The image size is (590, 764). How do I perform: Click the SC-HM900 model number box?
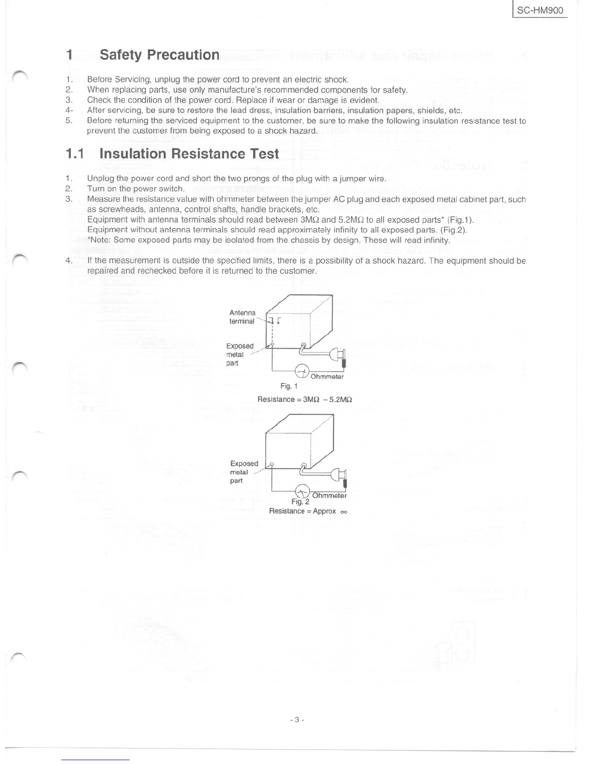pyautogui.click(x=540, y=10)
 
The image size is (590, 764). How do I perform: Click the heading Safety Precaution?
pyautogui.click(x=160, y=55)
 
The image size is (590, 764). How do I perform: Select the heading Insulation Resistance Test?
pyautogui.click(x=189, y=154)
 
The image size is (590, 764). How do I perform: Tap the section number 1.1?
pyautogui.click(x=75, y=154)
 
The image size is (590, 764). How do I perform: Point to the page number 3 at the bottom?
pyautogui.click(x=297, y=719)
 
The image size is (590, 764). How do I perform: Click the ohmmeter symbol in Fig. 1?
pyautogui.click(x=302, y=371)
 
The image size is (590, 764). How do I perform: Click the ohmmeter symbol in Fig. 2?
pyautogui.click(x=303, y=491)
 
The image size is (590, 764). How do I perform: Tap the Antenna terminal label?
pyautogui.click(x=242, y=317)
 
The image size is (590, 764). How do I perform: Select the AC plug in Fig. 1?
pyautogui.click(x=338, y=356)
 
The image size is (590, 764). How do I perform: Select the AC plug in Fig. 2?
pyautogui.click(x=339, y=476)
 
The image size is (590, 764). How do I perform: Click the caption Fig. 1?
pyautogui.click(x=289, y=386)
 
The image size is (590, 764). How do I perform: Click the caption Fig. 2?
pyautogui.click(x=300, y=502)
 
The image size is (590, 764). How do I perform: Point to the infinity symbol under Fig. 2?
pyautogui.click(x=344, y=512)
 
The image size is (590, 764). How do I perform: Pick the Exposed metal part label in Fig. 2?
pyautogui.click(x=244, y=472)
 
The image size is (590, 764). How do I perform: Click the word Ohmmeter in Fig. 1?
pyautogui.click(x=327, y=377)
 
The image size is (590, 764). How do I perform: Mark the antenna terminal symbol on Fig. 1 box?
pyautogui.click(x=274, y=320)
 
